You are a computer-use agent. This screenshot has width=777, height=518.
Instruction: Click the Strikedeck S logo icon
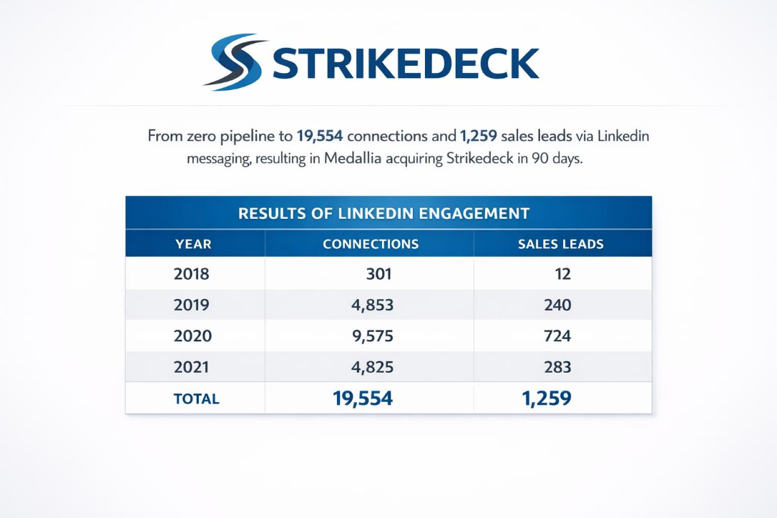[235, 62]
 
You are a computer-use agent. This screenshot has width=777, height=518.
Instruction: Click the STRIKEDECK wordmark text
[406, 64]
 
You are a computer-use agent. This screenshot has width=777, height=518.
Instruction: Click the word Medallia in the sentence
[353, 159]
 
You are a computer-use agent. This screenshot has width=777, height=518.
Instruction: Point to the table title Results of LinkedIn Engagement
[383, 213]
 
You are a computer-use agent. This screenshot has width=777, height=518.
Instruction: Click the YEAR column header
[193, 244]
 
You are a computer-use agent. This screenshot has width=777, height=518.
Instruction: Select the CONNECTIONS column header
[371, 244]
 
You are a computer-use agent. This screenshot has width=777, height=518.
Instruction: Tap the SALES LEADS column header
[561, 244]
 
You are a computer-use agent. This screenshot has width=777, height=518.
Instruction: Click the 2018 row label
[192, 273]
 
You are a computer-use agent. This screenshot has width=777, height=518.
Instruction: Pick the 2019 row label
[192, 305]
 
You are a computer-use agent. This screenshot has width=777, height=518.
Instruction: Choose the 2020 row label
[192, 336]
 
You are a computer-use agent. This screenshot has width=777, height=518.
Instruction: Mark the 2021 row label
[192, 367]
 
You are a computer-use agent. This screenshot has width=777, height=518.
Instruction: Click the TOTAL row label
[196, 399]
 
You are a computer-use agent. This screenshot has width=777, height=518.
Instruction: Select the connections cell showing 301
[378, 273]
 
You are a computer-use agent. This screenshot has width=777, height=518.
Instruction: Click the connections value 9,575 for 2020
[373, 336]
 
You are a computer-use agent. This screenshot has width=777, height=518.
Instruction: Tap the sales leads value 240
[557, 305]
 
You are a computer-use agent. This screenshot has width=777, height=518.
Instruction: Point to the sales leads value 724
[557, 336]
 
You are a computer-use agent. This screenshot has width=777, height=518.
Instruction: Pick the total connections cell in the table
[363, 399]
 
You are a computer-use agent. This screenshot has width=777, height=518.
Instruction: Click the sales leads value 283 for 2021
[557, 367]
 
